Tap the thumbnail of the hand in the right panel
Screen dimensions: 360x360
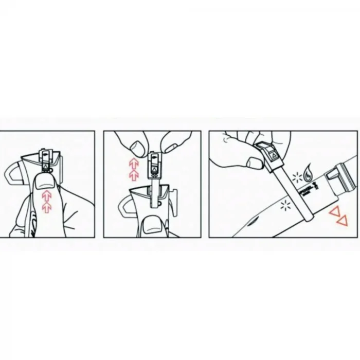[255, 163]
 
